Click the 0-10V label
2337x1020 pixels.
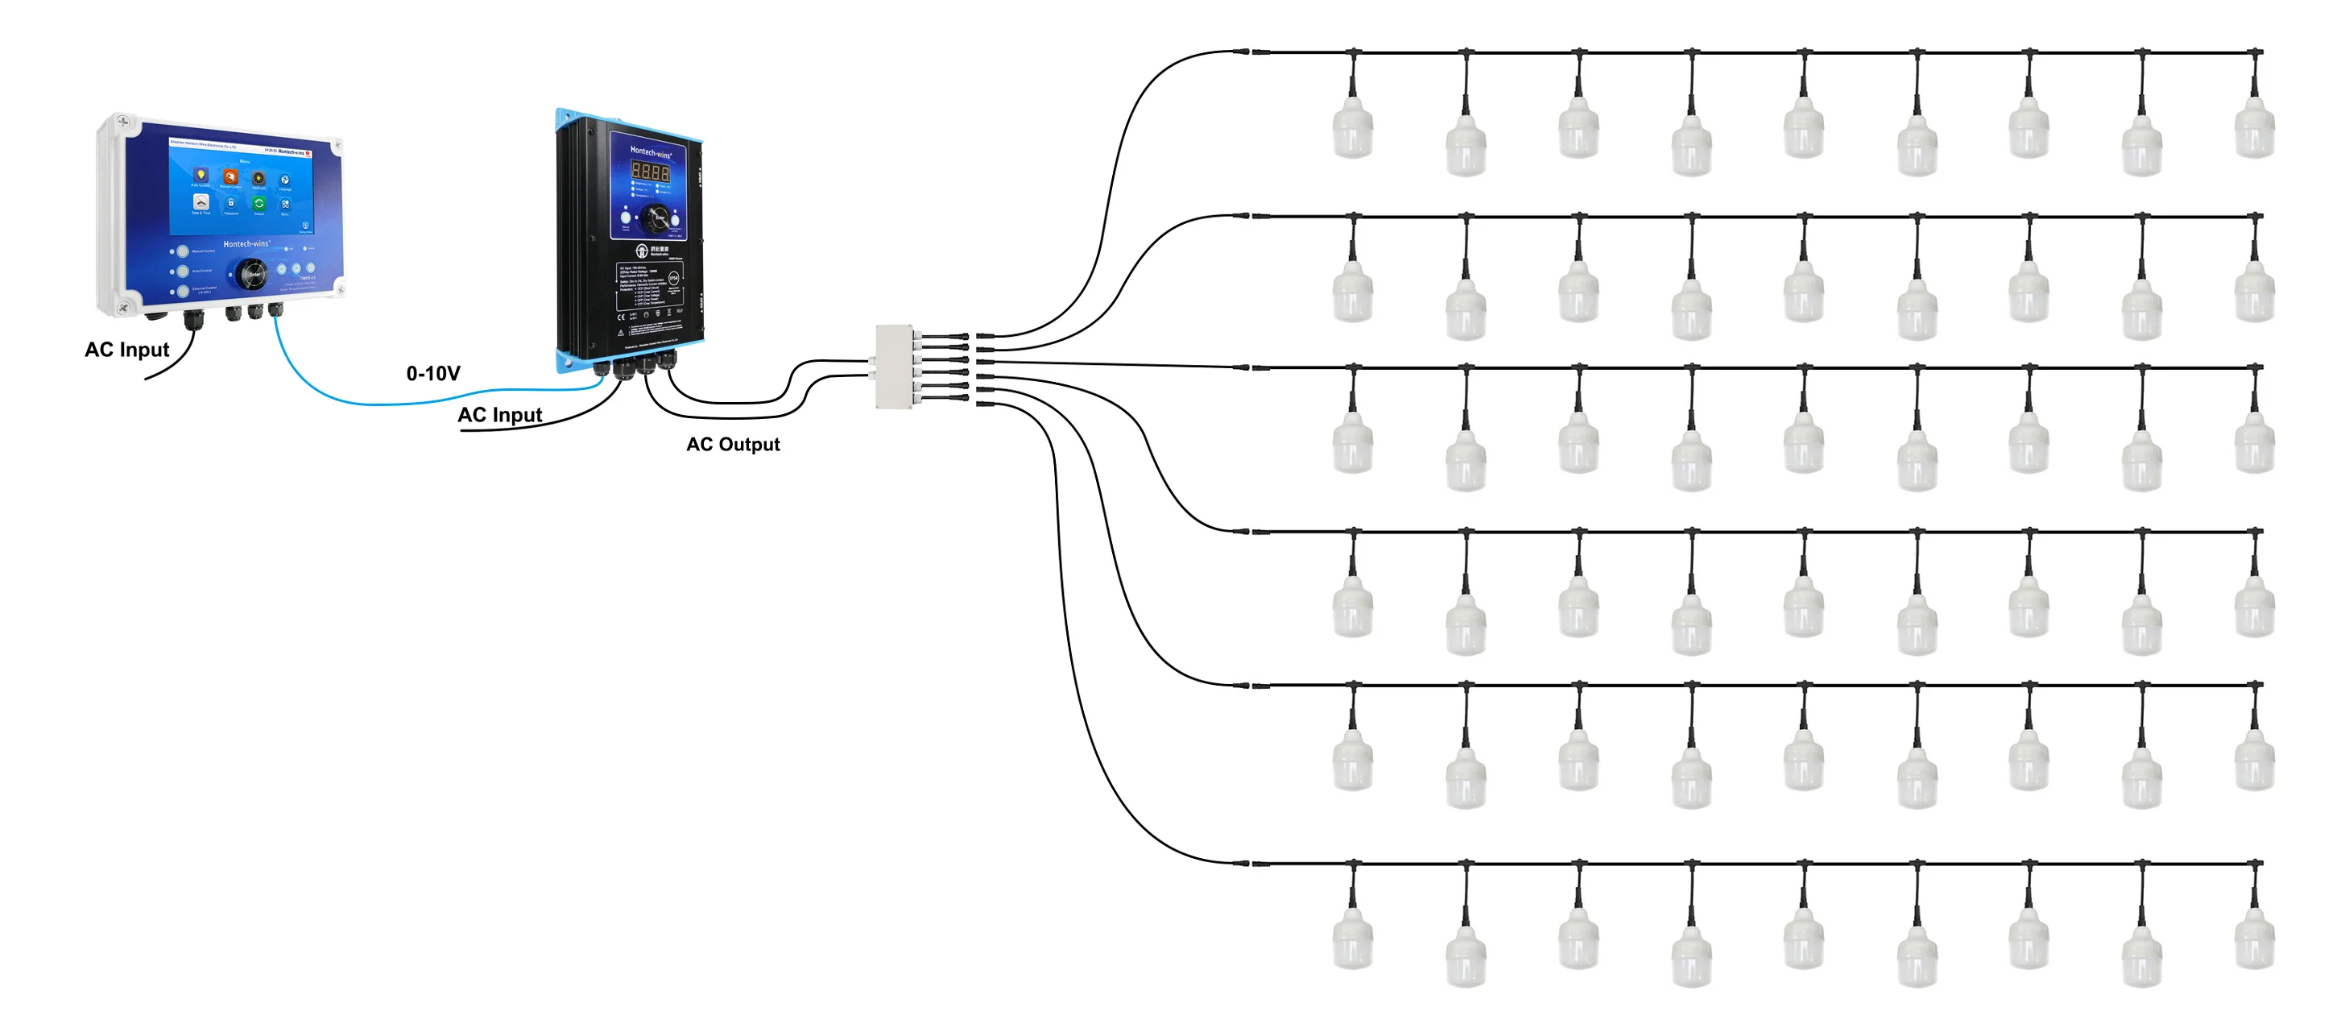(x=432, y=373)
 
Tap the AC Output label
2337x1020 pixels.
(x=732, y=444)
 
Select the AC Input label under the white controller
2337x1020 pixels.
(x=126, y=350)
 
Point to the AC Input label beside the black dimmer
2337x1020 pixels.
(x=499, y=415)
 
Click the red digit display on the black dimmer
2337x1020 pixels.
(x=650, y=172)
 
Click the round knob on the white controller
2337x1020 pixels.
(x=251, y=273)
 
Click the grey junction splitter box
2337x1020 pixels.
(x=894, y=367)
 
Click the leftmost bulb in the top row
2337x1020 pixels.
(x=1352, y=131)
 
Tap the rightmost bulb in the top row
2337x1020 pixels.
(x=2253, y=131)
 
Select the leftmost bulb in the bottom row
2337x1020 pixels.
(x=1352, y=942)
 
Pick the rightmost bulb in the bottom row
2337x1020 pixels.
(x=2253, y=942)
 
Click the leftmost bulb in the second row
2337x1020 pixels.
(x=1352, y=295)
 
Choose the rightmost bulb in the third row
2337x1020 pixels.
(x=2253, y=446)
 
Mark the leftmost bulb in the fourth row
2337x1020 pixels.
(x=1352, y=610)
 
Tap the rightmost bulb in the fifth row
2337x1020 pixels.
(x=2253, y=764)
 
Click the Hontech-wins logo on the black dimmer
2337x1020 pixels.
(x=651, y=152)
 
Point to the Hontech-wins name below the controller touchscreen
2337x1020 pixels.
(x=246, y=243)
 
